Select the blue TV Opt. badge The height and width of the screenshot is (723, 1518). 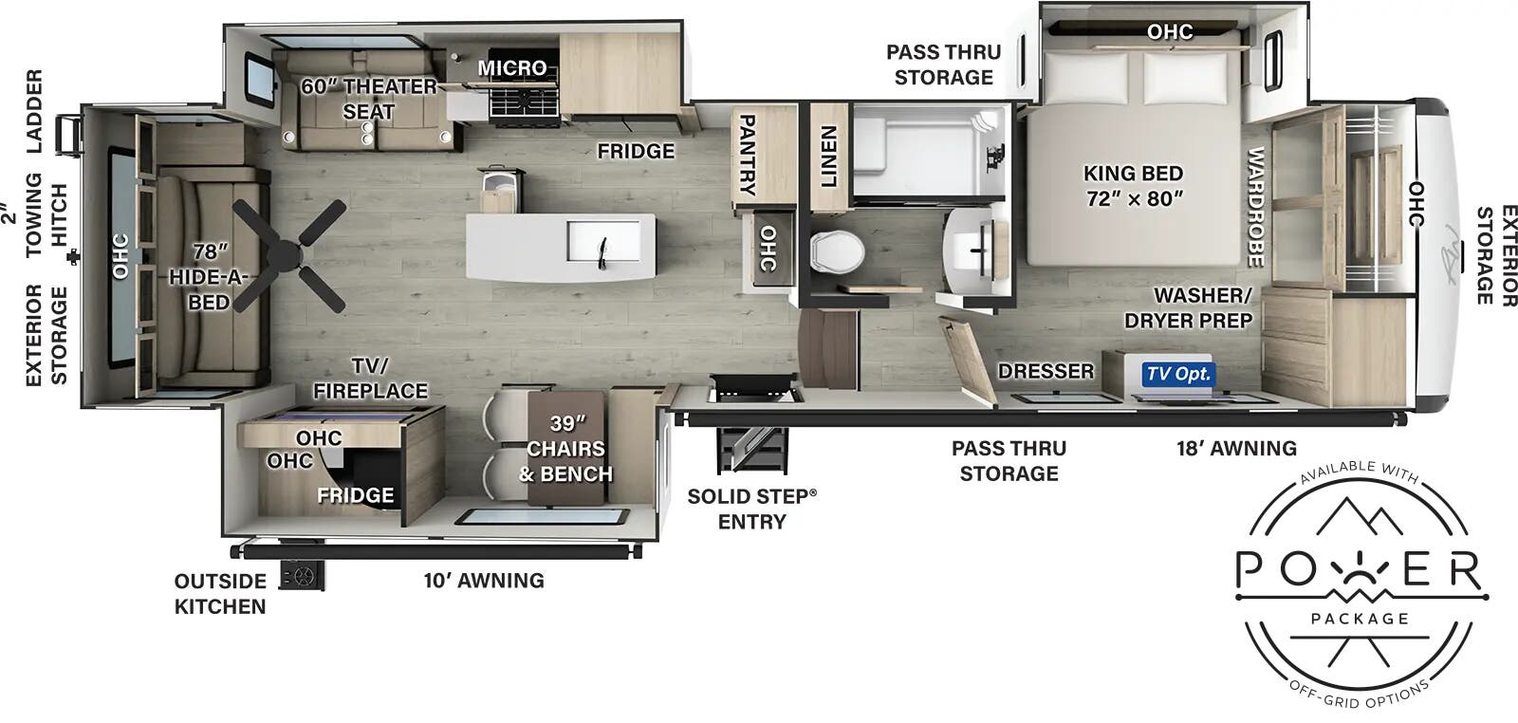[x=1178, y=374]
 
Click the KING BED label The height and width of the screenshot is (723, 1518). [x=1133, y=185]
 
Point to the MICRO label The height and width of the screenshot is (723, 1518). [x=512, y=67]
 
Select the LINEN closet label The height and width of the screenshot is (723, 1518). [x=828, y=157]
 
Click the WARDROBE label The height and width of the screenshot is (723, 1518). [x=1254, y=207]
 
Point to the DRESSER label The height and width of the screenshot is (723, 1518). [x=1046, y=371]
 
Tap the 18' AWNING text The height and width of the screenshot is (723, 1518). [x=1236, y=448]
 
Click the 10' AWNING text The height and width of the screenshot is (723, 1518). [x=484, y=580]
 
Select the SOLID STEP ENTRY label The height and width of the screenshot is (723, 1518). [x=751, y=509]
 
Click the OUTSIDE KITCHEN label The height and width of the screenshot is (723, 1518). [x=220, y=594]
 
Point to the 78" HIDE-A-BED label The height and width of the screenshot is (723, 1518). [x=209, y=276]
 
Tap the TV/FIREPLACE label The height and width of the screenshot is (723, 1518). [x=370, y=379]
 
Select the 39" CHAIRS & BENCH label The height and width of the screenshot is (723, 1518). [x=565, y=448]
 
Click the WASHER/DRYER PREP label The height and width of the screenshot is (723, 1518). [x=1188, y=308]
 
